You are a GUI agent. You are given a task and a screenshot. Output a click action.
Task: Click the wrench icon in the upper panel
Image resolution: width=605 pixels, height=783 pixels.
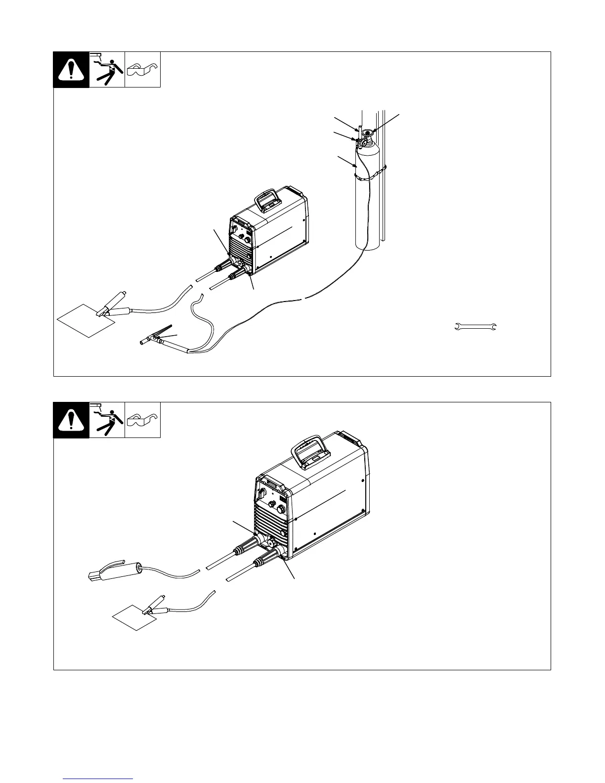click(475, 326)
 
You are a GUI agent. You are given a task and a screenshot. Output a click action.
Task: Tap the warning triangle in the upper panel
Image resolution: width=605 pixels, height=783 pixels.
click(71, 70)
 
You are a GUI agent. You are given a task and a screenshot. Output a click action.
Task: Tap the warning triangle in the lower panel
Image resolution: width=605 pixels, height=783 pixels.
click(71, 420)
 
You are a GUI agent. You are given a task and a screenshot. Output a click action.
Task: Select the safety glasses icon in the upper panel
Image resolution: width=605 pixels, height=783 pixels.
click(142, 70)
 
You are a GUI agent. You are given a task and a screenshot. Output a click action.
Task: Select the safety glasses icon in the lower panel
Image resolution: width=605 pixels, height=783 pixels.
click(142, 420)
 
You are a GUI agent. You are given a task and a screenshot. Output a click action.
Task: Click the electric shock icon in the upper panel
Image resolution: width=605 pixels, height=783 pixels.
click(107, 70)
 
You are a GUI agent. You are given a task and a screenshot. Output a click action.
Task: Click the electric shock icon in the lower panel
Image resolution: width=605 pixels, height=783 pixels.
click(107, 420)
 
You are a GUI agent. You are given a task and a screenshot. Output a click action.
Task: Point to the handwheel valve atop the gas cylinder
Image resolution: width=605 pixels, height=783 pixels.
click(368, 132)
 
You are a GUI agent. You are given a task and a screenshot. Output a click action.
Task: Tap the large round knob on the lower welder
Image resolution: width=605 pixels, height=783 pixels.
click(282, 509)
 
